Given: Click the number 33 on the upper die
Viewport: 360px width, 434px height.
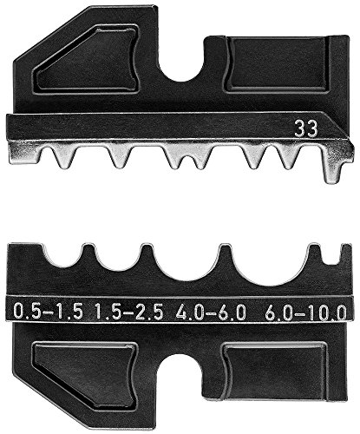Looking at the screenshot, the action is point(306,129).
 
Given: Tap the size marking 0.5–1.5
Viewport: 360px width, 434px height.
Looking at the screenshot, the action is point(49,312).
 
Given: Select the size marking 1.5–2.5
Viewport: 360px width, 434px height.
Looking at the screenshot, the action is point(129,312).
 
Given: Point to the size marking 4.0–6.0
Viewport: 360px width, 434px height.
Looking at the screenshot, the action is point(210,312).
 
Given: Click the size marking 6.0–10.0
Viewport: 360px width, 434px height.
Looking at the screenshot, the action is point(305,312).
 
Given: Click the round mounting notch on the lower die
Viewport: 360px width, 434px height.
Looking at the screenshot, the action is point(181,367).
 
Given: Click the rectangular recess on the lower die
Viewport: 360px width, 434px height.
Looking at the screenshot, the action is point(276,372).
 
